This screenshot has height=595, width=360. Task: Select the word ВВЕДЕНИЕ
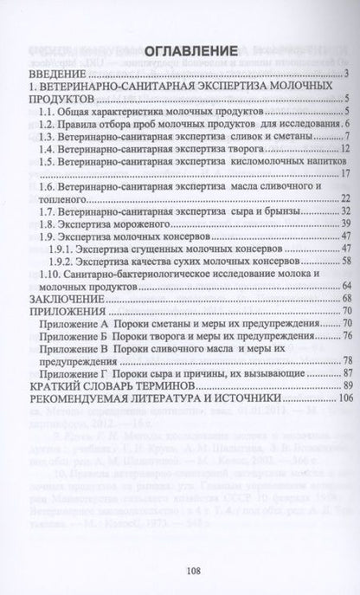click(54, 74)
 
